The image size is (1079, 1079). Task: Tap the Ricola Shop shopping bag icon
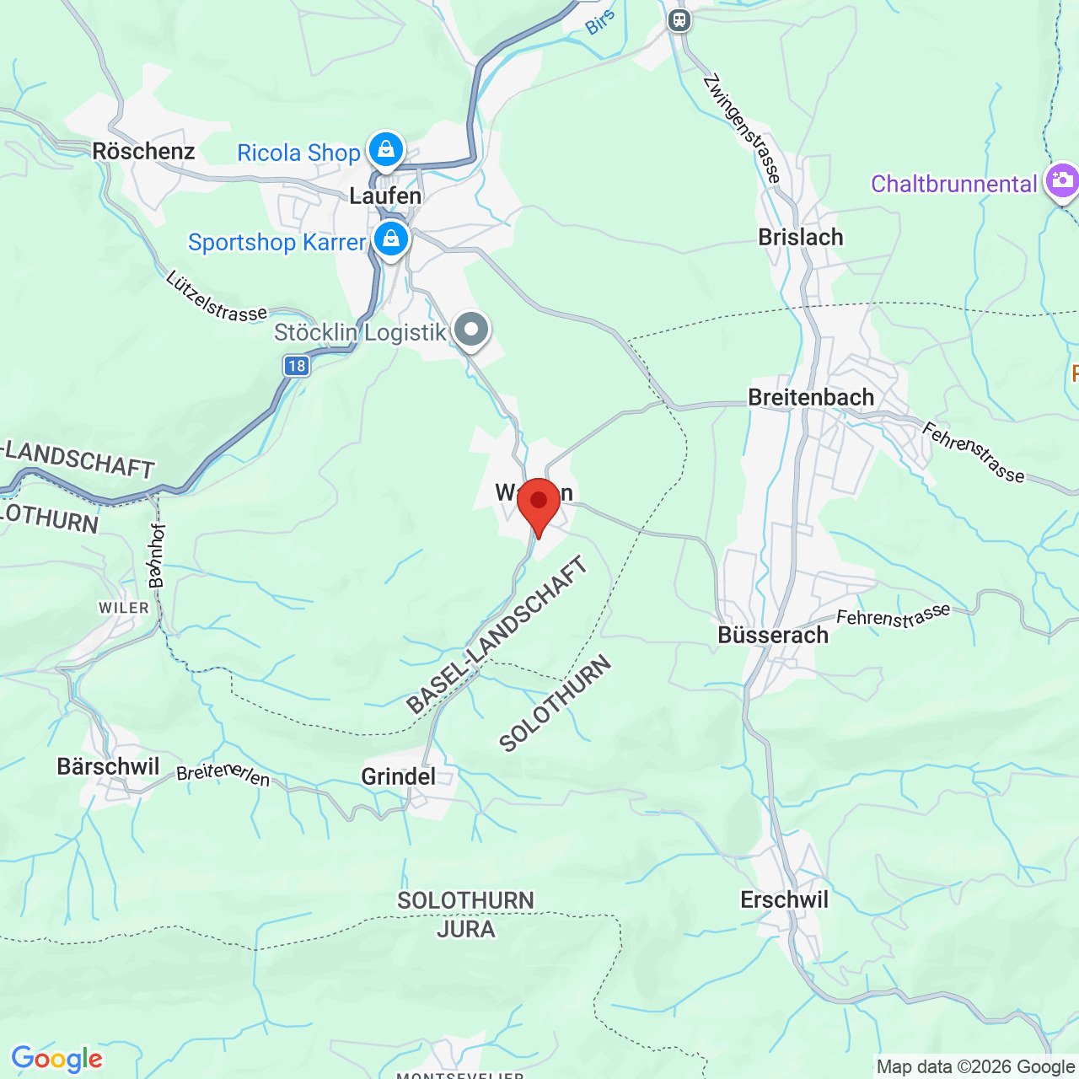coord(386,149)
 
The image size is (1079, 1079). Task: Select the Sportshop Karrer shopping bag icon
coord(391,239)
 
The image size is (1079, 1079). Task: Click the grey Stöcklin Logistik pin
coord(471,330)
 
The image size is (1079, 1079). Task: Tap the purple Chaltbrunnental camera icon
coord(1061,180)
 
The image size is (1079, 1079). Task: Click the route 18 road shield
coord(296,366)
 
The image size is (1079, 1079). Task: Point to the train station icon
coord(679,20)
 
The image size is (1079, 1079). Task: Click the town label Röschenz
coord(143,152)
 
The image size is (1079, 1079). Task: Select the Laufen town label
coord(385,196)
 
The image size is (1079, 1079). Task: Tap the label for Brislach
coord(801,238)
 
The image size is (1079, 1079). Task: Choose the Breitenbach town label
coord(811,397)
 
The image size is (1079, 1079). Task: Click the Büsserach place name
coord(773,635)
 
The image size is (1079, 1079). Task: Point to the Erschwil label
coord(784,899)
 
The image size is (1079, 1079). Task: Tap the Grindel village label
coord(399,776)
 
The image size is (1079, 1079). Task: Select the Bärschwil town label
coord(108,766)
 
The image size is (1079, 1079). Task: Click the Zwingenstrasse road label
coord(743,128)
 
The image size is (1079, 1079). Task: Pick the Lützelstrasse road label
coord(217,297)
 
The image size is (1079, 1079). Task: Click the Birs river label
coord(599,23)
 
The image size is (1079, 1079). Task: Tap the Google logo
coord(57,1059)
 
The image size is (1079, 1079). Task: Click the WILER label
coord(124,608)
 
